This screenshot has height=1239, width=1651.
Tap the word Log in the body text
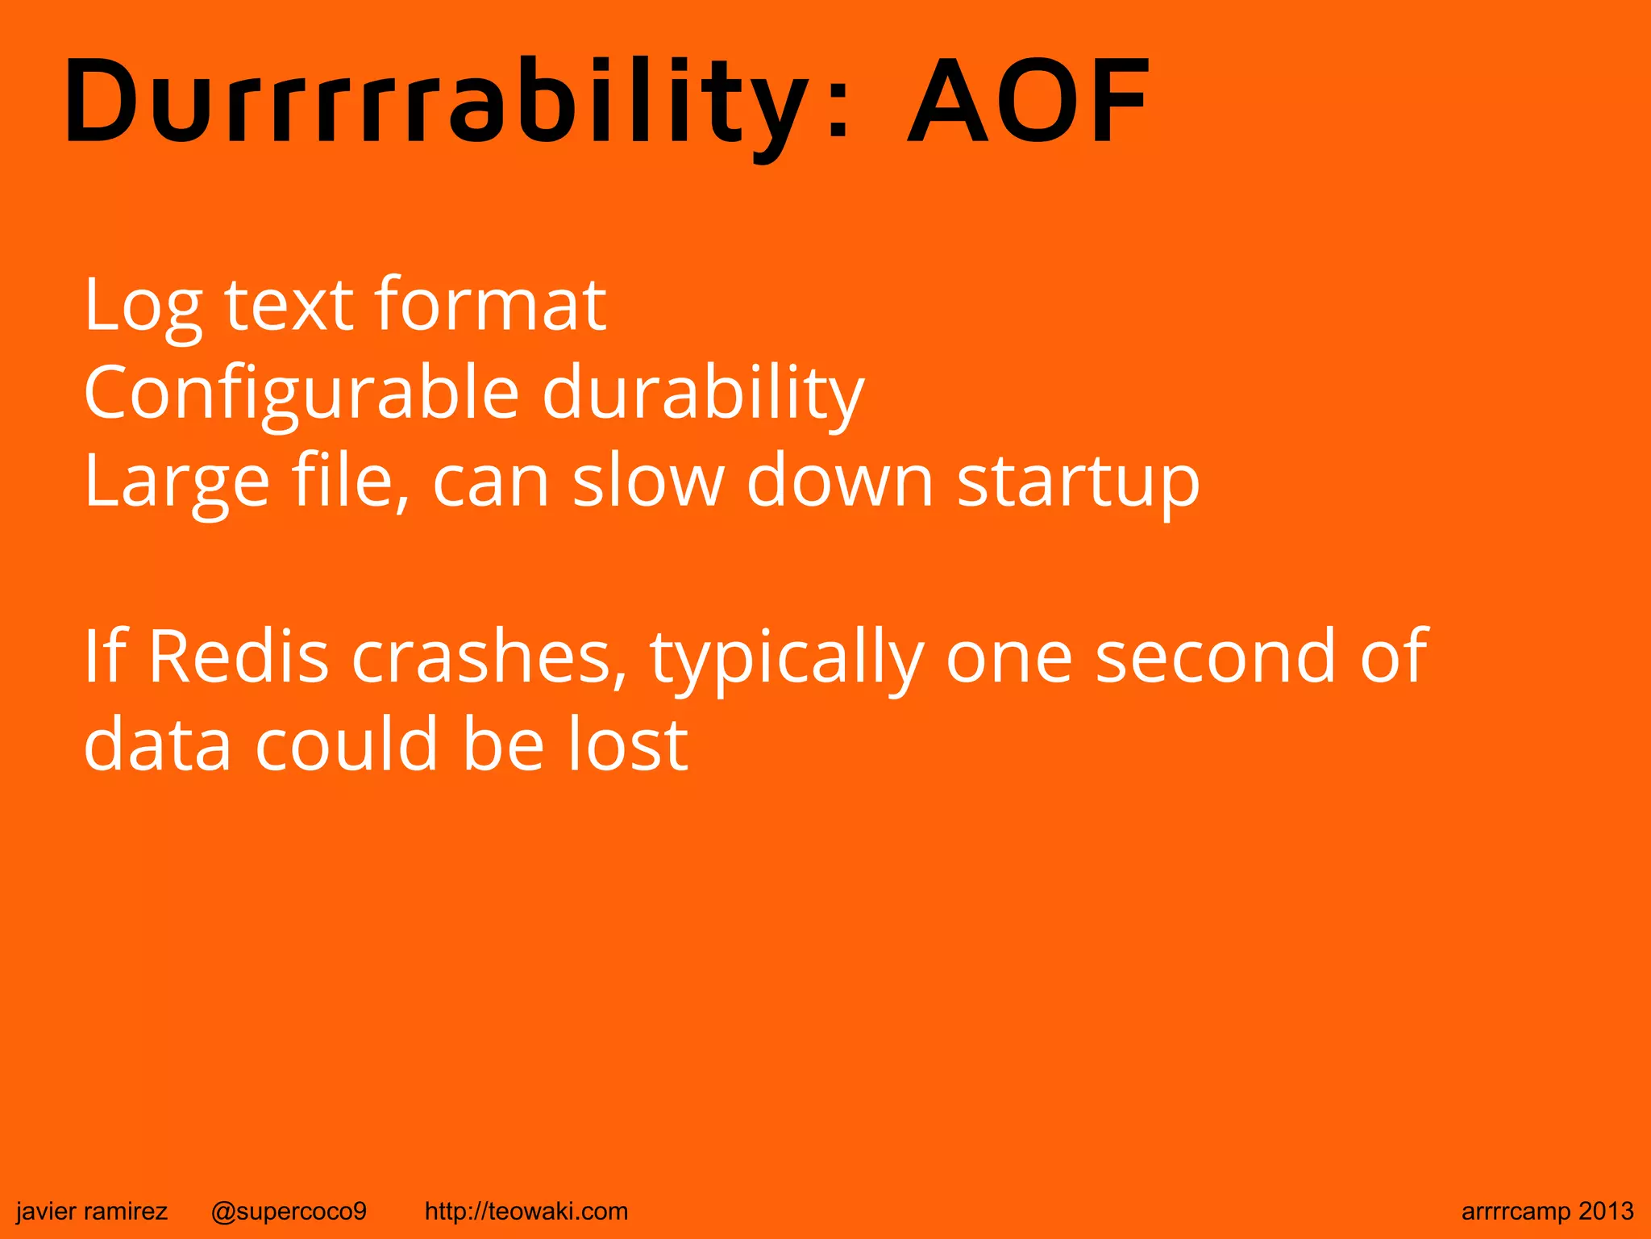(x=142, y=307)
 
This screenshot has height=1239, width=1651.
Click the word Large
(x=177, y=482)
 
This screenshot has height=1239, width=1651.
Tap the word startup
(x=1078, y=482)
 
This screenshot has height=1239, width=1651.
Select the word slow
(x=648, y=481)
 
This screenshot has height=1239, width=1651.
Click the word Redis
(x=239, y=657)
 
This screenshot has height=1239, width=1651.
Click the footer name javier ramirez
(x=92, y=1212)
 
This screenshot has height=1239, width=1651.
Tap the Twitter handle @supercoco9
(x=289, y=1212)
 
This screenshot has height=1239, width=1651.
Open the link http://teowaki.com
(x=526, y=1212)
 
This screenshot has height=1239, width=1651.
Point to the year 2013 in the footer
(x=1606, y=1212)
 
